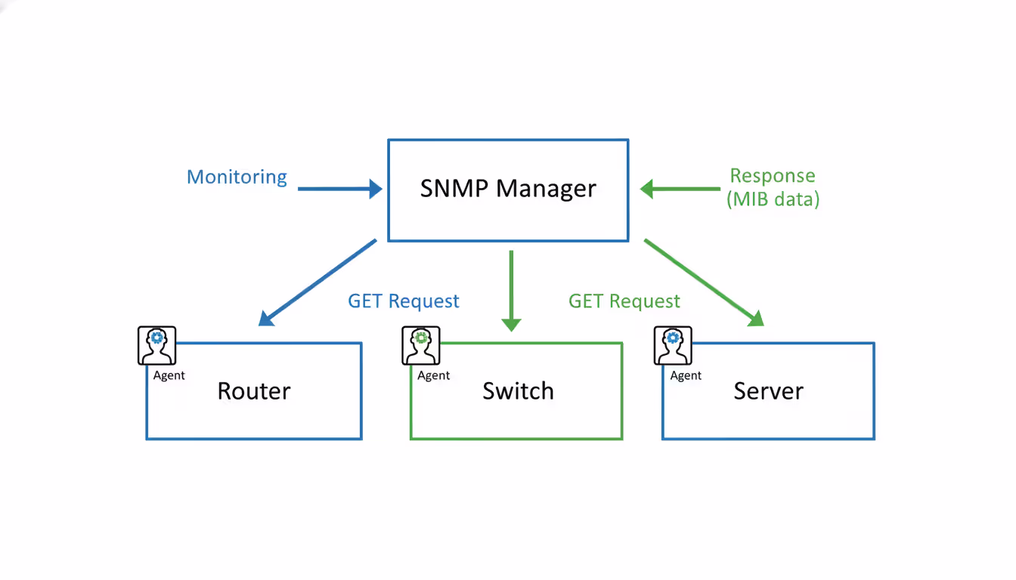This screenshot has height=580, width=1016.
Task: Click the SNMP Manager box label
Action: click(x=508, y=188)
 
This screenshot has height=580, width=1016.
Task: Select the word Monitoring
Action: click(x=237, y=177)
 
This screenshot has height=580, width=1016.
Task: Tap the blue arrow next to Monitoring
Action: click(x=340, y=189)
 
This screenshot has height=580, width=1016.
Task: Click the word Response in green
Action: click(x=772, y=176)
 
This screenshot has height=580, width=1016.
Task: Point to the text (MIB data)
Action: click(x=772, y=199)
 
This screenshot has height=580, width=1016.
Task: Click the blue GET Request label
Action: click(x=403, y=301)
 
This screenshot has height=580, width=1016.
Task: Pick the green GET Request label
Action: click(x=624, y=301)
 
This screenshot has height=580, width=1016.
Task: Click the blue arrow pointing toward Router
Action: click(x=317, y=282)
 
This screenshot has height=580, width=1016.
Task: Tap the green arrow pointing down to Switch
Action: click(x=511, y=291)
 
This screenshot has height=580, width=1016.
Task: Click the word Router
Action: click(x=253, y=391)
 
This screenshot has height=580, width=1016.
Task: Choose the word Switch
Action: click(x=518, y=391)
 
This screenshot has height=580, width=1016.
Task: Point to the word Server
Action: click(x=768, y=391)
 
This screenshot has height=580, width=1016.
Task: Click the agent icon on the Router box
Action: click(x=156, y=346)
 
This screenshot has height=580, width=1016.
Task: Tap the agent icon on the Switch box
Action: click(x=421, y=346)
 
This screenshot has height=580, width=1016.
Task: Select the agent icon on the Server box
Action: click(x=673, y=346)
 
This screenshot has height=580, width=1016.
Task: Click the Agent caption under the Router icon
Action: click(x=169, y=375)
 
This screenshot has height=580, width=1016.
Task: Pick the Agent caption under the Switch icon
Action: click(x=433, y=375)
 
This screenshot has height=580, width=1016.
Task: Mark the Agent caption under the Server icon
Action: click(x=686, y=375)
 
